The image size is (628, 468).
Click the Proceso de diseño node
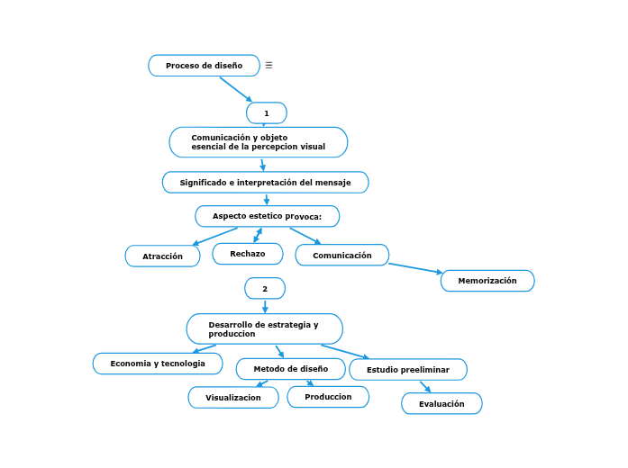pyautogui.click(x=204, y=66)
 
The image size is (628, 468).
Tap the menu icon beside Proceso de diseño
pyautogui.click(x=268, y=66)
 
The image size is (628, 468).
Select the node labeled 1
pyautogui.click(x=267, y=112)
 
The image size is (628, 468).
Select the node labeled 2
pyautogui.click(x=265, y=288)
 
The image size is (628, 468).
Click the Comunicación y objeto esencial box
pyautogui.click(x=259, y=142)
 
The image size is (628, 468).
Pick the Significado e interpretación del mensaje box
pyautogui.click(x=265, y=183)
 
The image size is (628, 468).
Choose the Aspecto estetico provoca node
pyautogui.click(x=267, y=216)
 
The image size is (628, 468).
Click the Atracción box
pyautogui.click(x=162, y=256)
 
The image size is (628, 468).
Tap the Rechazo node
pyautogui.click(x=248, y=254)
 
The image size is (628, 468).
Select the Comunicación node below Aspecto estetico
pyautogui.click(x=341, y=256)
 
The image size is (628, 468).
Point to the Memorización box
pyautogui.click(x=487, y=281)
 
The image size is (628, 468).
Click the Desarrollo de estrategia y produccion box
pyautogui.click(x=264, y=328)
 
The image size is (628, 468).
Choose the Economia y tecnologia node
pyautogui.click(x=158, y=364)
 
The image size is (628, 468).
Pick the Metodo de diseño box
pyautogui.click(x=290, y=369)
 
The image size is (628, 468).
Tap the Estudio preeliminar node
pyautogui.click(x=408, y=370)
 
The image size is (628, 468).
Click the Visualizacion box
pyautogui.click(x=233, y=397)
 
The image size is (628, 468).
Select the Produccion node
pyautogui.click(x=328, y=397)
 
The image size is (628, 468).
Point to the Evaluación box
pyautogui.click(x=441, y=404)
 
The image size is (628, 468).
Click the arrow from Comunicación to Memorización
pyautogui.click(x=415, y=267)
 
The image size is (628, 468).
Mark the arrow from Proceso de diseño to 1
pyautogui.click(x=235, y=88)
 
